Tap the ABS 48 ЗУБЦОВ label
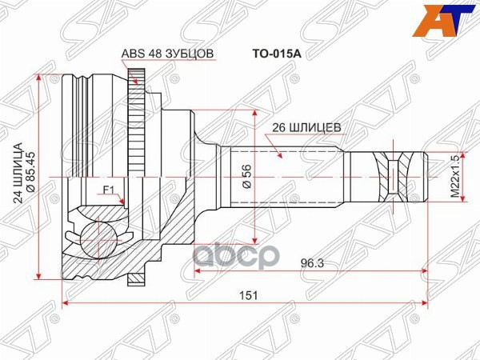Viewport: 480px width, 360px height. coord(167,55)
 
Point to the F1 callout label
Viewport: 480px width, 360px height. coord(110,190)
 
